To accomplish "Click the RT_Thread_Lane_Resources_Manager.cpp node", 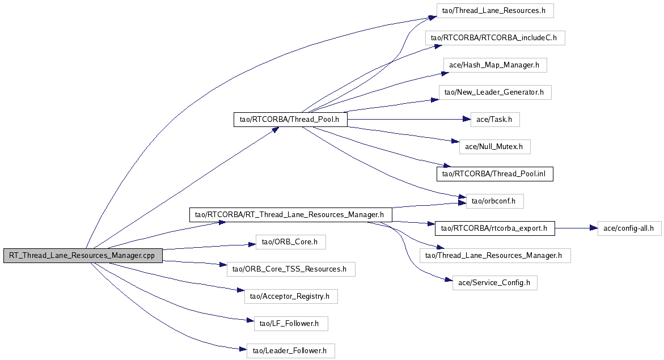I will [83, 256].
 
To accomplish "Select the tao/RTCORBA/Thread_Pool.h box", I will [290, 120].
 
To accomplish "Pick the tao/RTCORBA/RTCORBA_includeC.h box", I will [495, 38].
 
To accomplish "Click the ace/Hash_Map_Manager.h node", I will [494, 65].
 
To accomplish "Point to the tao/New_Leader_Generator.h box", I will [494, 92].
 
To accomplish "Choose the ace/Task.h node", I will [495, 120].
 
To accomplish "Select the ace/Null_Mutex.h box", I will [494, 147].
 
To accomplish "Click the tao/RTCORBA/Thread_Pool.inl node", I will [494, 174].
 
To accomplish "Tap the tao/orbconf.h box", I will [494, 201].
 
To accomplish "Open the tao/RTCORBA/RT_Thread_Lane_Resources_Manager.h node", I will [290, 215].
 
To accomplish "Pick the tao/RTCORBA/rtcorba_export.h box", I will [494, 228].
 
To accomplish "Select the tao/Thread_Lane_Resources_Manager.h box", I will [494, 256].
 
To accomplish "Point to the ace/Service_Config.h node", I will [494, 283].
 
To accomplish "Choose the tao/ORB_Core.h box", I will [290, 242].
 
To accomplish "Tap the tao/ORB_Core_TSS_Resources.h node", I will [290, 269].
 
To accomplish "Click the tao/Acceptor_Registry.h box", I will [290, 297].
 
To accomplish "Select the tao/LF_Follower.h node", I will [290, 324].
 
